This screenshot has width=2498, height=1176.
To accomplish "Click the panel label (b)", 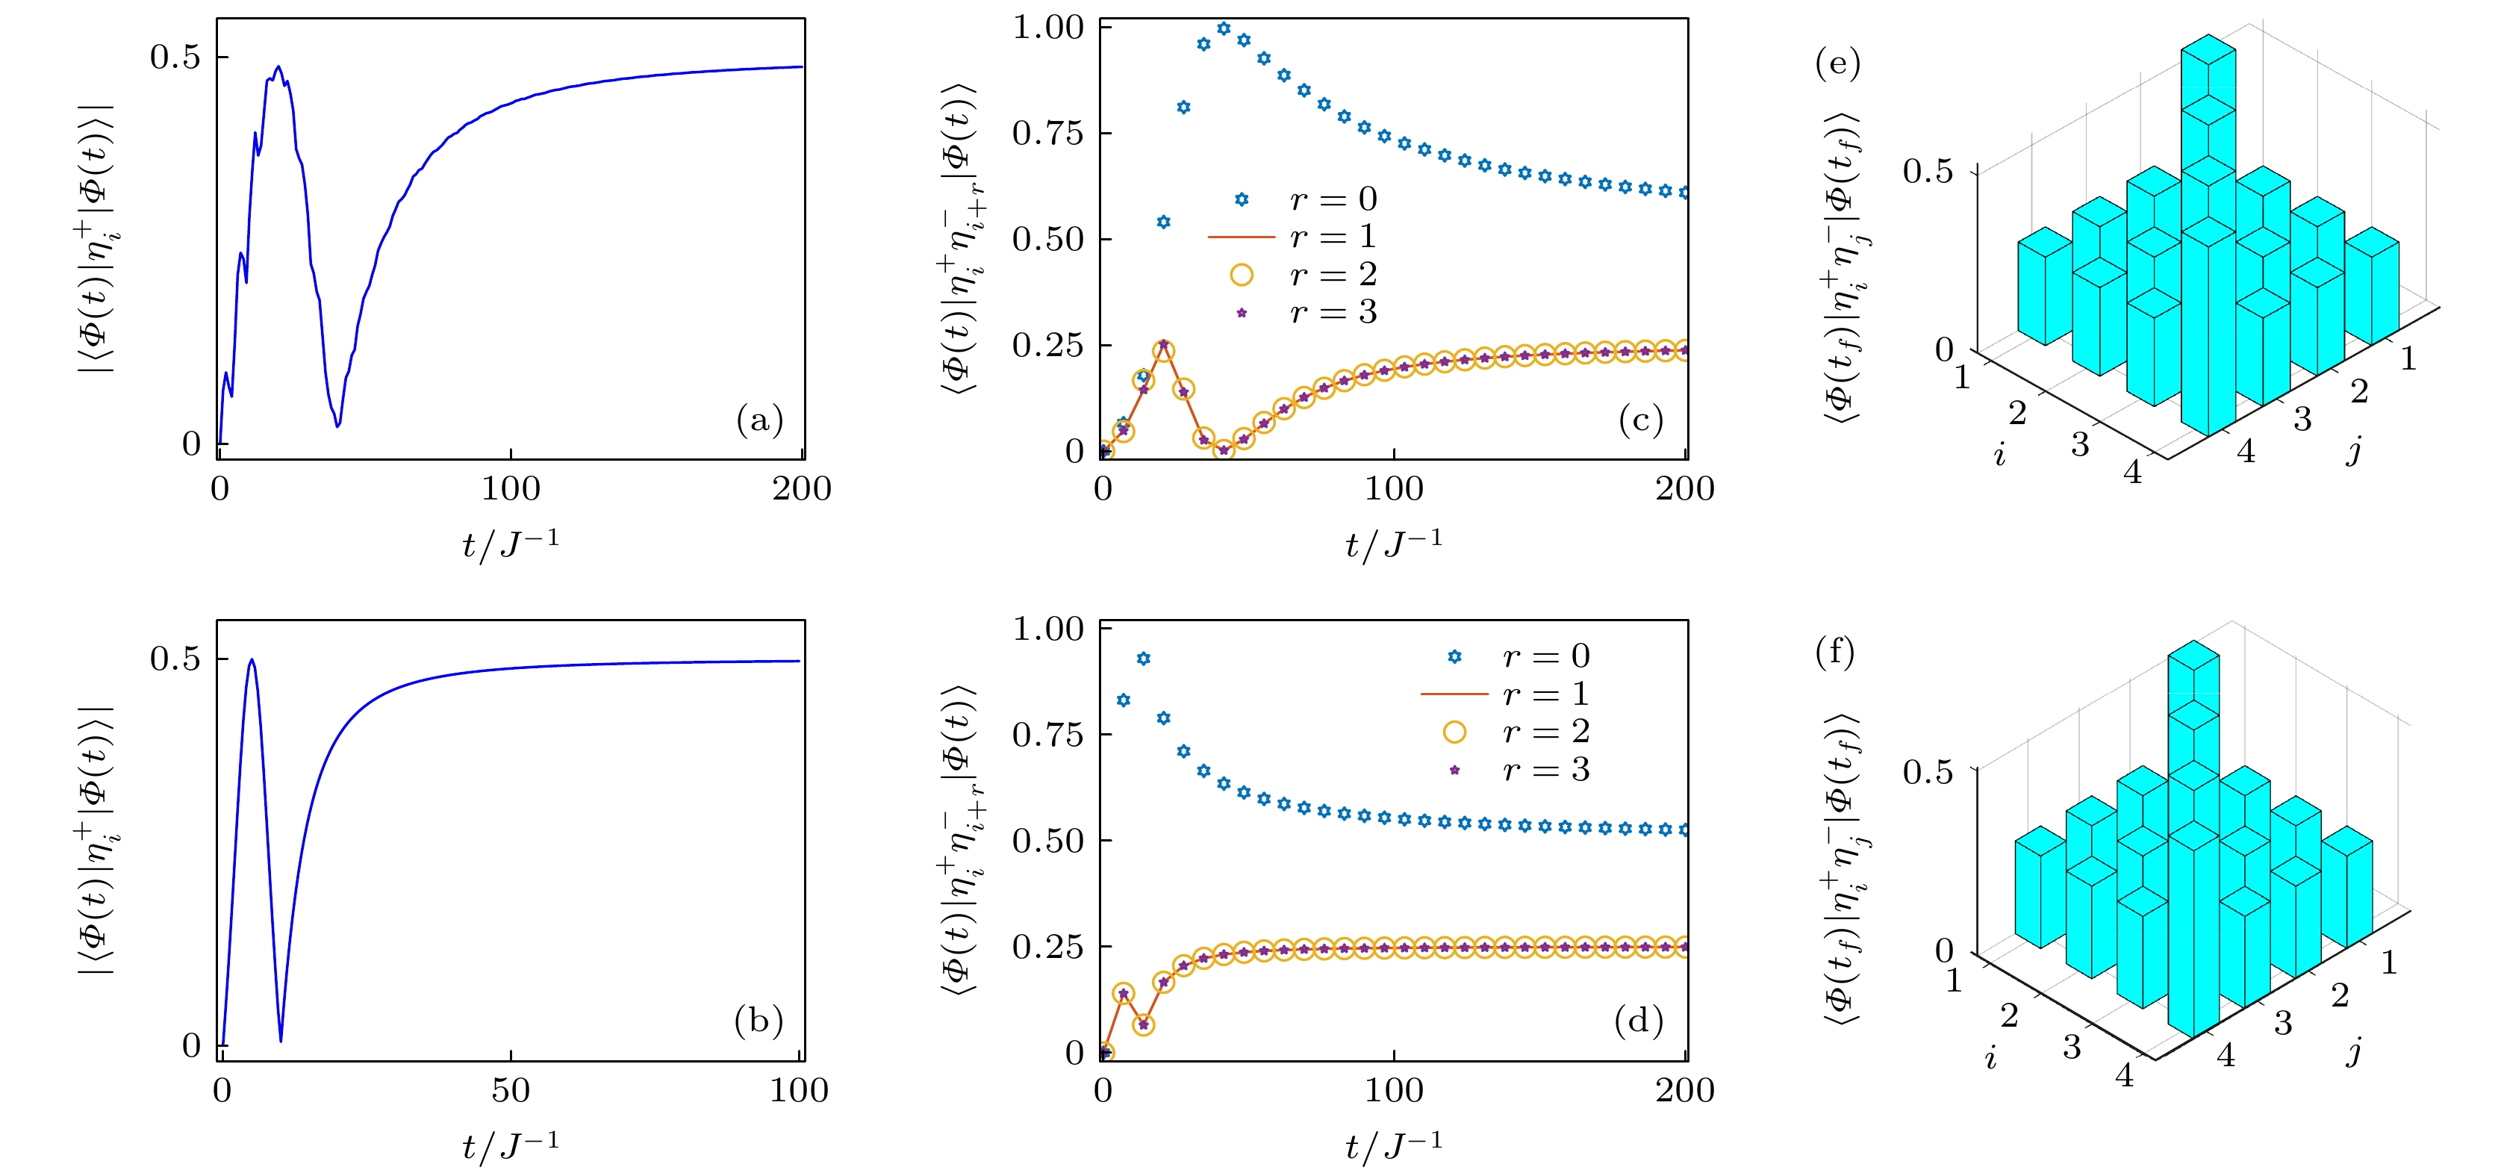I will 759,1020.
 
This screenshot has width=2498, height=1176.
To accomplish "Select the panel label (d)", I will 1639,1020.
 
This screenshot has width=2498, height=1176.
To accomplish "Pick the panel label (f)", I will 1835,653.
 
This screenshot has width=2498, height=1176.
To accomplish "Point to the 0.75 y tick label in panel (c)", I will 1047,133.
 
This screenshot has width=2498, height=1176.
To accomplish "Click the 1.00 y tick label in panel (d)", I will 1047,629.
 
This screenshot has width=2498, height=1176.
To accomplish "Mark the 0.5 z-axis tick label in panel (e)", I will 1928,172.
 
